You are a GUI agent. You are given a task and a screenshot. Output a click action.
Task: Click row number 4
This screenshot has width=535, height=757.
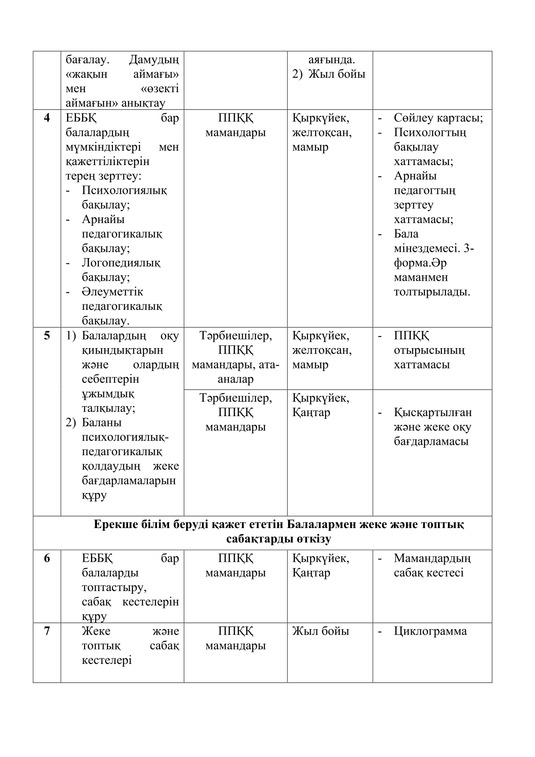coord(47,118)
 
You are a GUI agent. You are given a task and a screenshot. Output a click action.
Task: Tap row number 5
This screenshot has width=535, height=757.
coord(47,336)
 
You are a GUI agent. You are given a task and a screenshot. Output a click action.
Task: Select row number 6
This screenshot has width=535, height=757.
coord(47,559)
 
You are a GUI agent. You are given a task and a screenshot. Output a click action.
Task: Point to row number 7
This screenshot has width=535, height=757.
coord(47,632)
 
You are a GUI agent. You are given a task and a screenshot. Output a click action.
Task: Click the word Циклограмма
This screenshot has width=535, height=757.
coord(430,632)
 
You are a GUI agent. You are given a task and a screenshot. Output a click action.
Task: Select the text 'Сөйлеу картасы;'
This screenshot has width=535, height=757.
coord(438,118)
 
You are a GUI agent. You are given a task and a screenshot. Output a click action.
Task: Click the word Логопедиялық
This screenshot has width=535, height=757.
coord(121,263)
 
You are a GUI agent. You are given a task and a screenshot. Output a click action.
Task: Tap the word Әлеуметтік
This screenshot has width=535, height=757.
coord(112,292)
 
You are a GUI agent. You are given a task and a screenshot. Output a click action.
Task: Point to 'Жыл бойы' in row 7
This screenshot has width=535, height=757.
coord(321,632)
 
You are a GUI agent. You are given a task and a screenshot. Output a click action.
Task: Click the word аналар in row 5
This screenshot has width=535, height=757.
coord(236,379)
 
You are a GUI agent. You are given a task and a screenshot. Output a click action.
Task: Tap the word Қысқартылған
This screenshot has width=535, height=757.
coord(433,412)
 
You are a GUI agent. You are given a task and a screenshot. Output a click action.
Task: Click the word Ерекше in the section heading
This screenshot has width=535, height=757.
coord(111,524)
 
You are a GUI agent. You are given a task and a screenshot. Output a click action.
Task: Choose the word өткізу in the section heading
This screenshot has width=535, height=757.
coord(313,539)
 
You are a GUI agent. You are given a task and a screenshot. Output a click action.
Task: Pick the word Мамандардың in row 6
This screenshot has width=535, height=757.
coord(432,559)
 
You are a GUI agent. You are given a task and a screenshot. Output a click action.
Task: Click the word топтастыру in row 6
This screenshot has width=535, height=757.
coord(114,587)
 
